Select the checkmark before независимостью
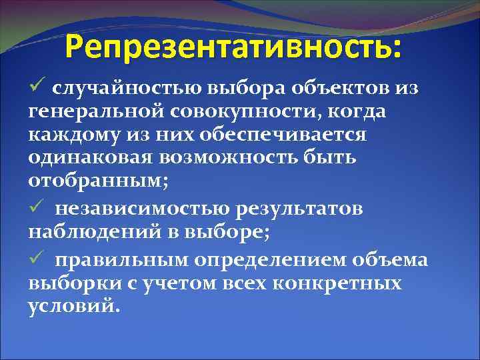click(x=38, y=209)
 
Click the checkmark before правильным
click(x=38, y=259)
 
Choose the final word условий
click(x=73, y=307)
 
